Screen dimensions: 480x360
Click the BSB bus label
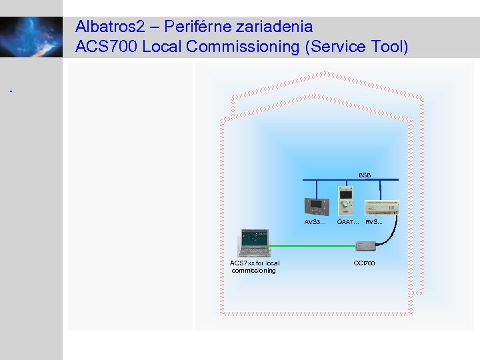(365, 175)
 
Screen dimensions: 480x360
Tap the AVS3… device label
(315, 222)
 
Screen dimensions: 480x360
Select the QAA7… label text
(348, 222)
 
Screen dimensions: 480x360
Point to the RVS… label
(374, 222)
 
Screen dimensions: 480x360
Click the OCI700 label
(364, 263)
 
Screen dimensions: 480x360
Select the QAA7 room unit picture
(347, 202)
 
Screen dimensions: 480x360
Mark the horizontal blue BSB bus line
(333, 180)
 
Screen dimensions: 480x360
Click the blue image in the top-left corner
(31, 37)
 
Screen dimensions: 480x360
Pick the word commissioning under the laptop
(253, 271)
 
